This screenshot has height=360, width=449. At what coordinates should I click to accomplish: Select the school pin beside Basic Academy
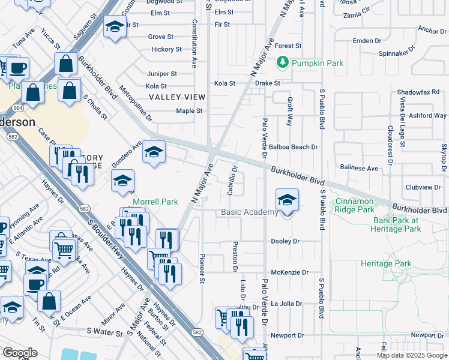click(287, 201)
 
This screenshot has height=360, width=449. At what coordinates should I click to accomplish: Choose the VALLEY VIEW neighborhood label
click(177, 97)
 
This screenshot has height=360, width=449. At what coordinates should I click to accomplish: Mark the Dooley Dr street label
click(285, 241)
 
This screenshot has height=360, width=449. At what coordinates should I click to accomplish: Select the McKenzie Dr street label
click(289, 272)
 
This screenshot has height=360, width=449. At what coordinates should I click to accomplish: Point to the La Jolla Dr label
click(287, 304)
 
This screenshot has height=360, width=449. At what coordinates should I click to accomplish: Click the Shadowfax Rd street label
click(418, 92)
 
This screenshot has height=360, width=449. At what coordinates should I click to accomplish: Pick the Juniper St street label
click(161, 74)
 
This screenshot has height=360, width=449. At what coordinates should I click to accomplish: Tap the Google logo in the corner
click(20, 353)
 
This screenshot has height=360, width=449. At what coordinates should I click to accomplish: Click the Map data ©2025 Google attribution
click(411, 355)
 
